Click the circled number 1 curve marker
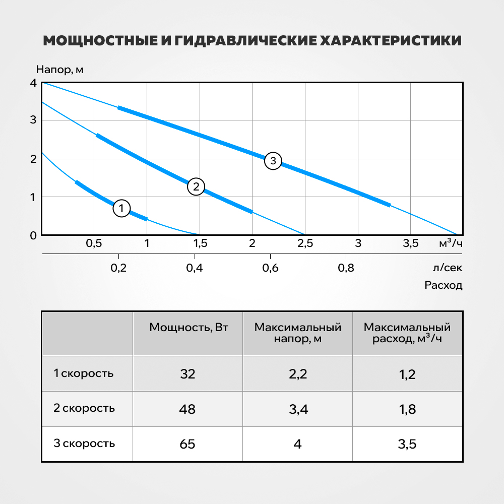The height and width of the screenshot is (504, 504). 121,208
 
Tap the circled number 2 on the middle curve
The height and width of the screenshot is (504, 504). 196,186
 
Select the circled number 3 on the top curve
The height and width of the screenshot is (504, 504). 273,161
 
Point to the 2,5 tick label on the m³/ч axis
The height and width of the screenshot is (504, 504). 305,243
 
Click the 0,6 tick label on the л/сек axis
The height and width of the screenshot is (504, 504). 270,268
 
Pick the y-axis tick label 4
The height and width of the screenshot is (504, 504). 33,83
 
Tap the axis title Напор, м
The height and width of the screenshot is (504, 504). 60,70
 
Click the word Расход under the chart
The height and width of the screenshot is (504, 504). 443,285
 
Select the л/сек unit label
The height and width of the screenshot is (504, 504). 448,268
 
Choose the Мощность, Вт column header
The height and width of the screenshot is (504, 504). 188,327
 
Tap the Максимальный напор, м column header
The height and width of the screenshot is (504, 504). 298,333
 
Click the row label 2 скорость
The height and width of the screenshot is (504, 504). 84,408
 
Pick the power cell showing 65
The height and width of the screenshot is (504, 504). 187,444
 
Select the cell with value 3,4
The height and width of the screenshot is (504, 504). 298,409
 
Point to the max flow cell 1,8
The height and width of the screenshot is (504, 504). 407,409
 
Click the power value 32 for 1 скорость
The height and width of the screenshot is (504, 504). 187,374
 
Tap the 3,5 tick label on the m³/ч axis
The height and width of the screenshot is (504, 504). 410,243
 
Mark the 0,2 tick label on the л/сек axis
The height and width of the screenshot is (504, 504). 118,268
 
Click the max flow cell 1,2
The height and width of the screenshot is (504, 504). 407,374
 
